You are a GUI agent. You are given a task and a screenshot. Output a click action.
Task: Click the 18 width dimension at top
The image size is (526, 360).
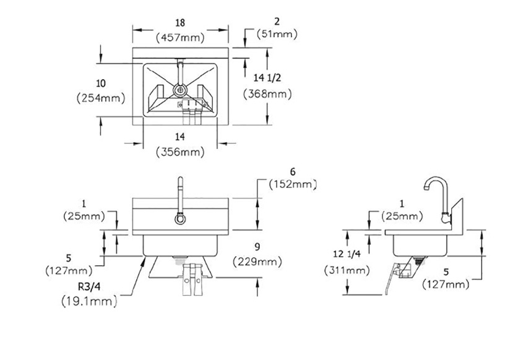point(179,23)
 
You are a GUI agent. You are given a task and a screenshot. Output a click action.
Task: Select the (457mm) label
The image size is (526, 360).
point(179,37)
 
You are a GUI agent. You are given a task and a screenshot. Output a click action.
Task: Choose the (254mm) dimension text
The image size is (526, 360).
point(100,98)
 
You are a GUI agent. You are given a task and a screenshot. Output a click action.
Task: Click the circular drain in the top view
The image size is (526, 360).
point(180,90)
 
